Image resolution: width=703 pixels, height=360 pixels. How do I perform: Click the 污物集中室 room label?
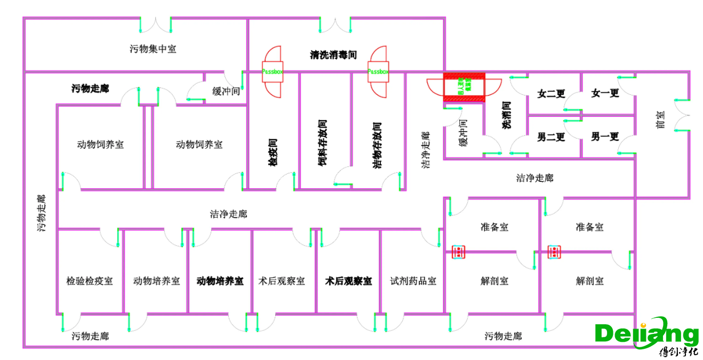tap(153, 49)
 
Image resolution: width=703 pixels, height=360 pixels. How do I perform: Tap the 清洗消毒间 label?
tap(333, 54)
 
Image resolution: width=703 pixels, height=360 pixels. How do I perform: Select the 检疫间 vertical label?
tap(272, 153)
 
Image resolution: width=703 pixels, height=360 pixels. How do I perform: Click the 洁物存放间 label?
tap(377, 146)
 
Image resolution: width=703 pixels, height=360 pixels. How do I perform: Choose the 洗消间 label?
tap(507, 116)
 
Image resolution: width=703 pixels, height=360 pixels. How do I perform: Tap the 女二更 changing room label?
tap(551, 94)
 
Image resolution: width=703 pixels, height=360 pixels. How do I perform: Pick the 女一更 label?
tap(605, 93)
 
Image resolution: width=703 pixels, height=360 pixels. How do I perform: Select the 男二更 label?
tap(551, 137)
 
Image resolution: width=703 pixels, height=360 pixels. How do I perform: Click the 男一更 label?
tap(605, 137)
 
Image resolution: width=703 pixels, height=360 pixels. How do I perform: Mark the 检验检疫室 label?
tap(90, 281)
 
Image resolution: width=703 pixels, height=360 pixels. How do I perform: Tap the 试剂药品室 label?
tap(413, 281)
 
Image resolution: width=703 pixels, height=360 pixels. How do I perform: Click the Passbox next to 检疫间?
tap(272, 71)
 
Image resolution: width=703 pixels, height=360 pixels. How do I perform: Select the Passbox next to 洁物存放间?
tap(378, 71)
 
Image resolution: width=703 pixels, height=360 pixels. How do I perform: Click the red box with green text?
tap(464, 86)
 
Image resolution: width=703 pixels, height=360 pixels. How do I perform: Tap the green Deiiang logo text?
tap(646, 334)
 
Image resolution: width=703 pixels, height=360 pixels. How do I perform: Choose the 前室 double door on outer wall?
tap(683, 115)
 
